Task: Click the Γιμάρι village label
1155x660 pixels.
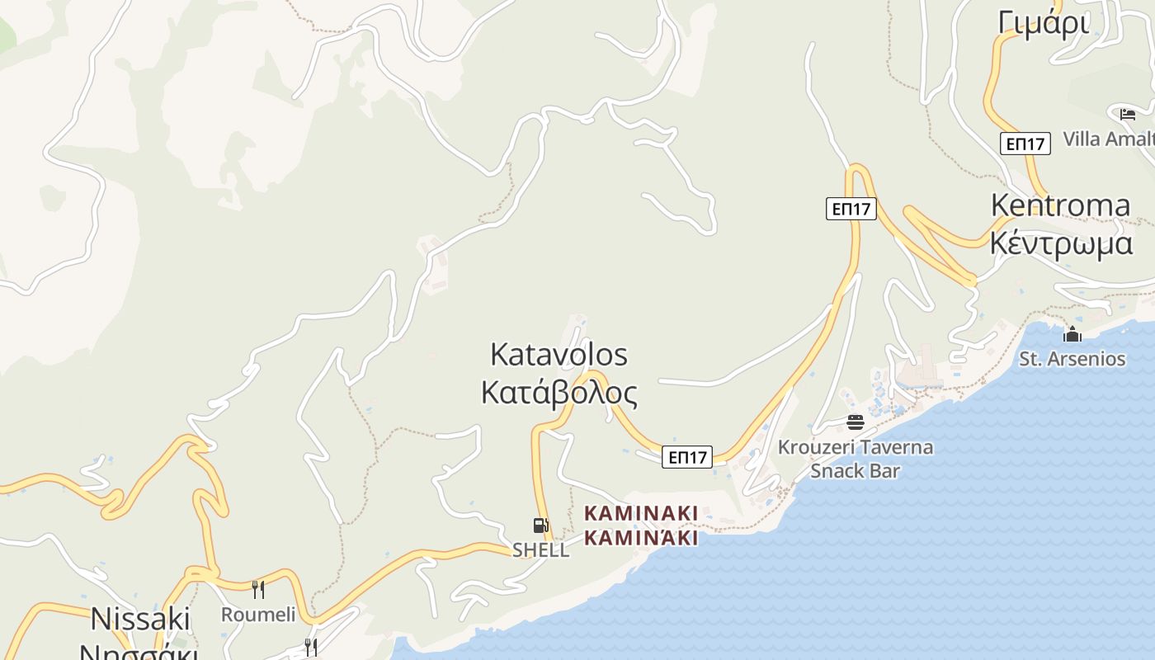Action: [x=1043, y=22]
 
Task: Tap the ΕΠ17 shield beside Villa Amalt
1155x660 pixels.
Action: [x=1025, y=144]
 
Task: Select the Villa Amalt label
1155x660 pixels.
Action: [x=1108, y=139]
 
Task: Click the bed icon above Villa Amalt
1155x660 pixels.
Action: [x=1128, y=114]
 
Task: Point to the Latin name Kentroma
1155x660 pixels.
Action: [x=1060, y=205]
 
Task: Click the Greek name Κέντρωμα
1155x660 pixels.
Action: [x=1061, y=243]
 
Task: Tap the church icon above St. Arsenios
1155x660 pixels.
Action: [x=1072, y=334]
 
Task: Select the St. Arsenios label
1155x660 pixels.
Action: [x=1072, y=359]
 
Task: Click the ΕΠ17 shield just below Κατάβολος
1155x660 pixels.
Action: [x=686, y=457]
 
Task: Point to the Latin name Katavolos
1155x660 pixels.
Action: [x=559, y=355]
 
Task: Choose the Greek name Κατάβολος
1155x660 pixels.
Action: [x=559, y=394]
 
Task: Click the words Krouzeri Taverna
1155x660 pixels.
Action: [x=856, y=448]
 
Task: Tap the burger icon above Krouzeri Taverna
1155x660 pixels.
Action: [x=856, y=422]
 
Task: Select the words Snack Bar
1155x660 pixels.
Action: [x=855, y=471]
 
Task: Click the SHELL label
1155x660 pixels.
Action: [x=540, y=549]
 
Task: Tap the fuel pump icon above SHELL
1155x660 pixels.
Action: [x=540, y=526]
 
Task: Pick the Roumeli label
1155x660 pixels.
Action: [x=257, y=615]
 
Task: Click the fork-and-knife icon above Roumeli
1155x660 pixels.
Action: [x=258, y=589]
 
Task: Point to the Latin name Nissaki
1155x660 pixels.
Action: [x=140, y=619]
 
